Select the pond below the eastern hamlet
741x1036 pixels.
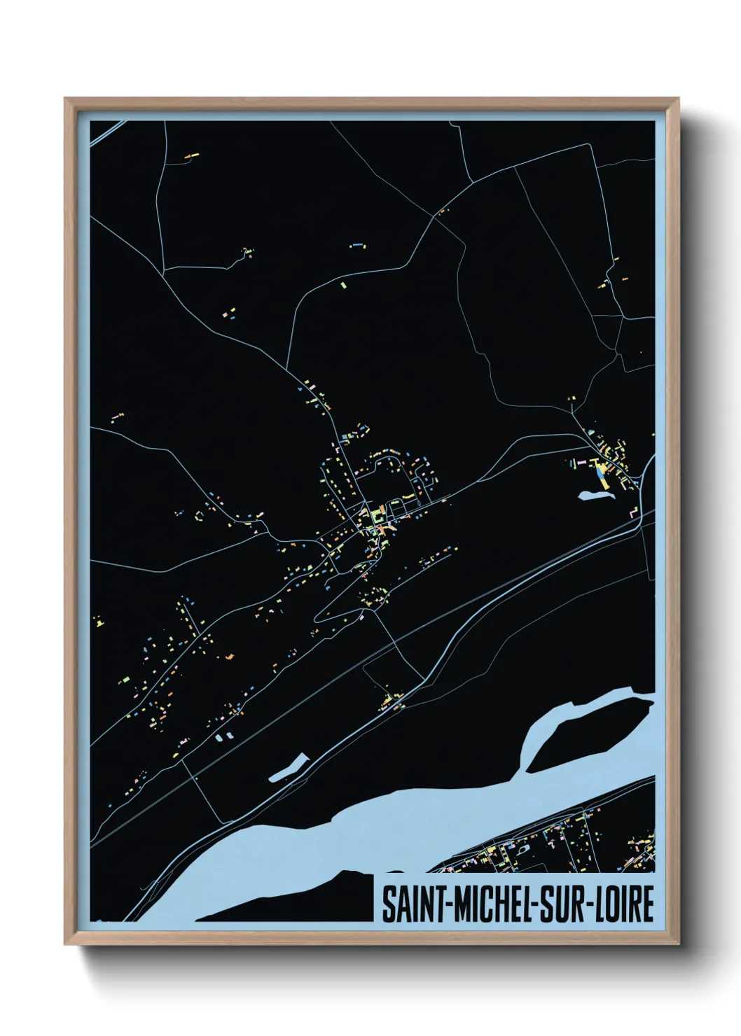[595, 496]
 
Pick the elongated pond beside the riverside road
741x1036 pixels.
[289, 767]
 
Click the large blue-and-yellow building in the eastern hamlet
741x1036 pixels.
[600, 475]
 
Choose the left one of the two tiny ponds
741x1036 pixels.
[218, 738]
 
